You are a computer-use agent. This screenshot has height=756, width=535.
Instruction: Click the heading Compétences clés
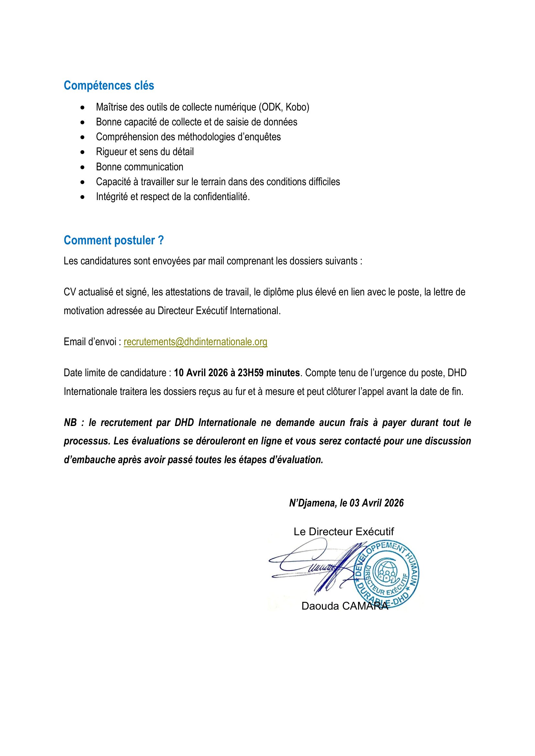(x=109, y=86)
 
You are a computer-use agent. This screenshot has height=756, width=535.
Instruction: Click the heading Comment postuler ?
(x=114, y=240)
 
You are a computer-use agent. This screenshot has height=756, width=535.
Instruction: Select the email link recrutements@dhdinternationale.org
(x=195, y=342)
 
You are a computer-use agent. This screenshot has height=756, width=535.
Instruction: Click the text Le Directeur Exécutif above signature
(x=344, y=531)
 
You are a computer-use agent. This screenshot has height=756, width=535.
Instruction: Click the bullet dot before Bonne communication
(x=82, y=167)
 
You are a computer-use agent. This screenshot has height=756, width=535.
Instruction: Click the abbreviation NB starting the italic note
(x=70, y=422)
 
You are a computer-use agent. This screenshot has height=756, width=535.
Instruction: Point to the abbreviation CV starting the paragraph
(x=70, y=292)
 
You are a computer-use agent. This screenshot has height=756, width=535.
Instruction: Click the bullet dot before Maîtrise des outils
(x=82, y=108)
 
